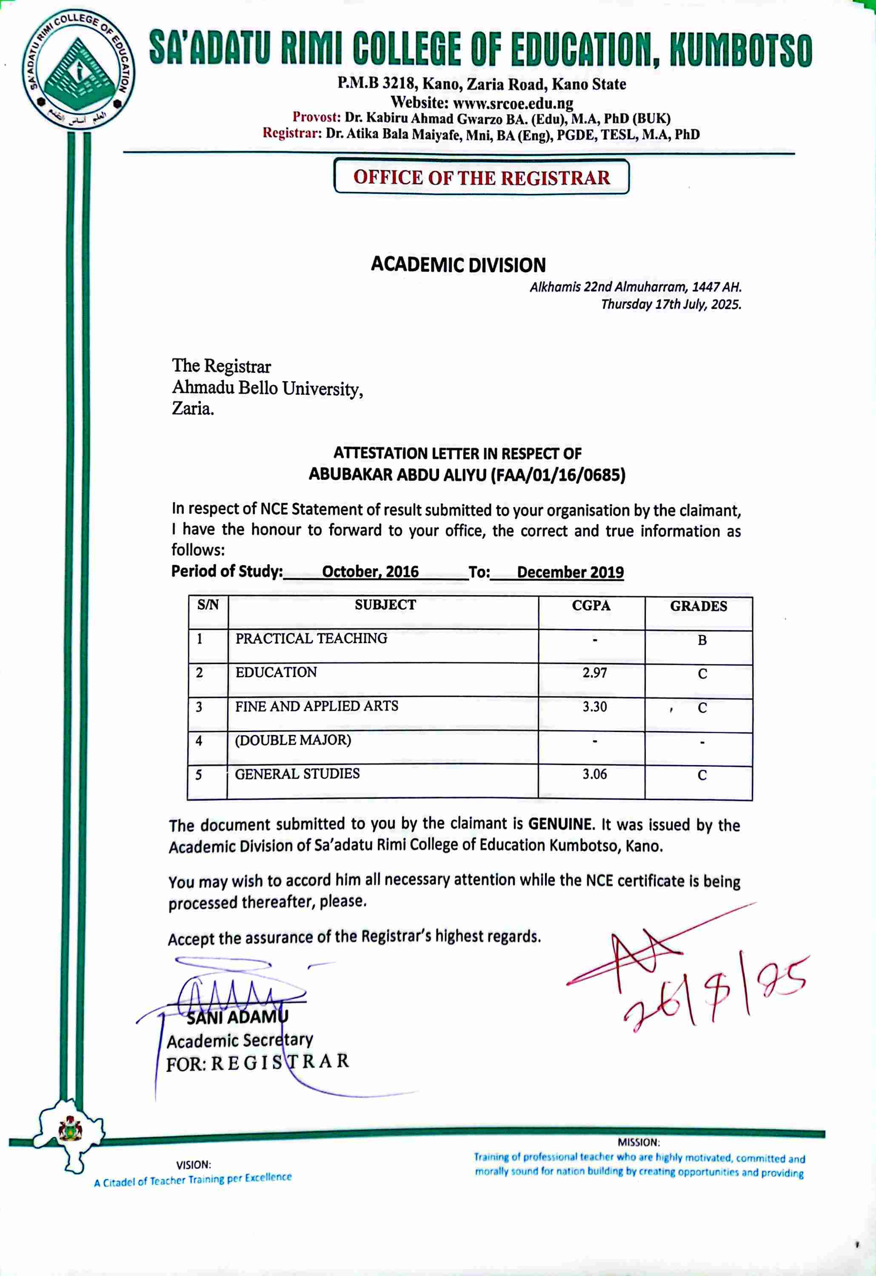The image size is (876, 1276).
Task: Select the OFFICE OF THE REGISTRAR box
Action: (x=482, y=177)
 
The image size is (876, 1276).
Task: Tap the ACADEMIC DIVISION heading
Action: (x=458, y=265)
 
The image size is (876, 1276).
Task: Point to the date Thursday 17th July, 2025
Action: (x=671, y=304)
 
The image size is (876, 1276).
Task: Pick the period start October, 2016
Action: (x=370, y=572)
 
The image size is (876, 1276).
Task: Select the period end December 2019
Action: (x=570, y=572)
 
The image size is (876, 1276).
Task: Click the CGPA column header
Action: (x=591, y=606)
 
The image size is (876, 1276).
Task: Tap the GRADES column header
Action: (x=698, y=606)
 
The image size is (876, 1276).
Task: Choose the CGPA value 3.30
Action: (x=595, y=706)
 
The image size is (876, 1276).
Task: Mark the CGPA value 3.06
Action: (x=595, y=774)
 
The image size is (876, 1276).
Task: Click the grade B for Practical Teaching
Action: (x=702, y=640)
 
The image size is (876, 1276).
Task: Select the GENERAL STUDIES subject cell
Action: (x=297, y=774)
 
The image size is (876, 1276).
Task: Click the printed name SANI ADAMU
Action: (x=237, y=1017)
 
